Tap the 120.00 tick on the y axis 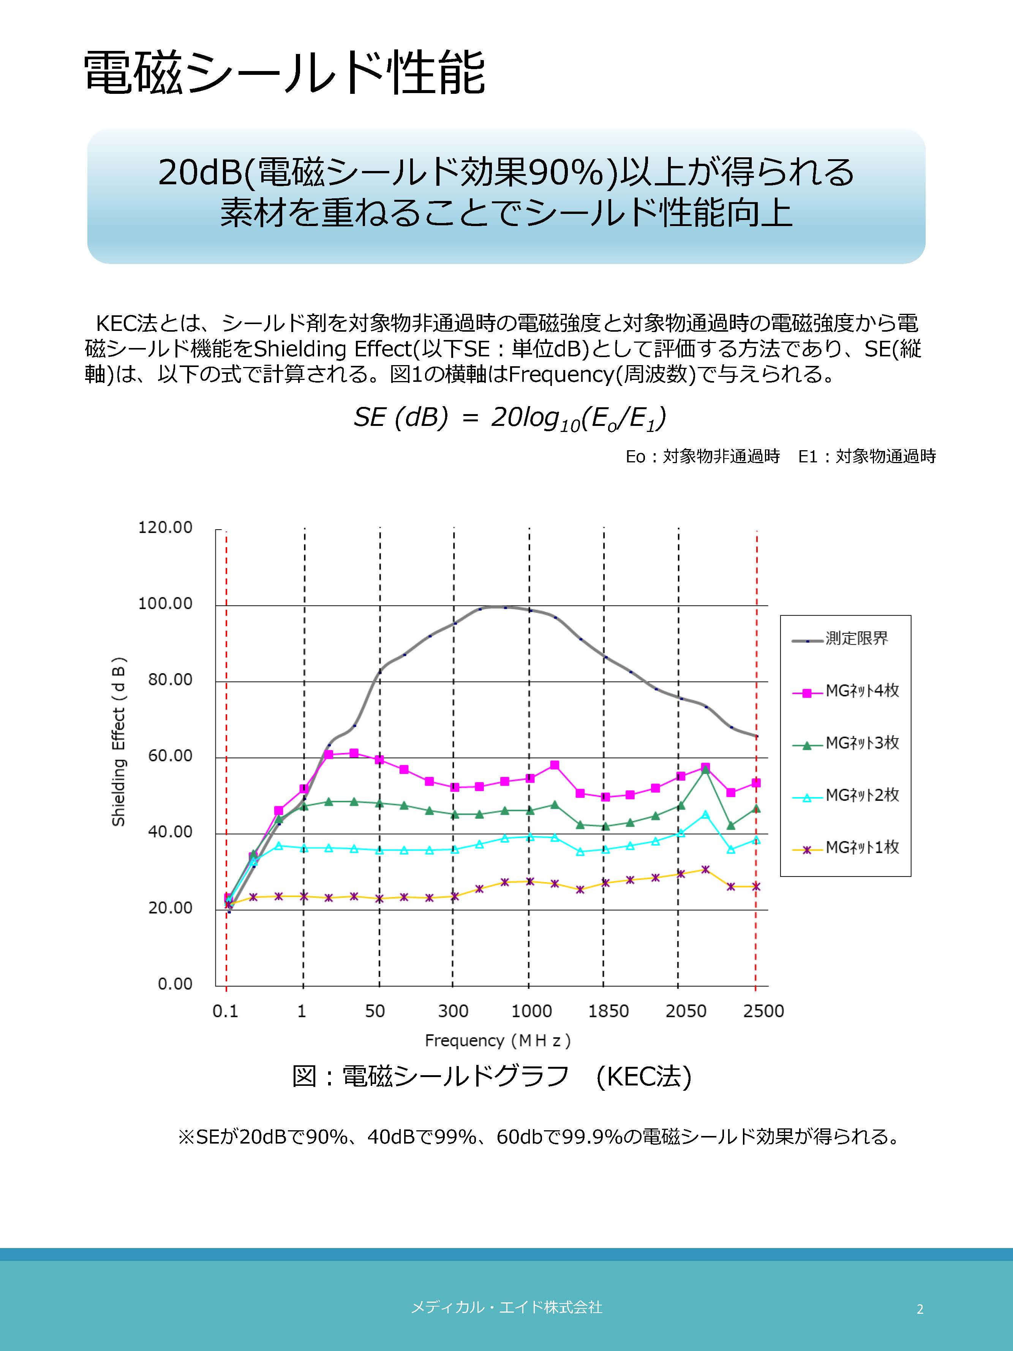[x=165, y=527]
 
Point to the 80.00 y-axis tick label [x=170, y=680]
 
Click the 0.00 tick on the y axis [x=175, y=984]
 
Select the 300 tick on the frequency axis [x=453, y=1011]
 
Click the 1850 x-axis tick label [x=608, y=1011]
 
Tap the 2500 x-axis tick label [x=763, y=1011]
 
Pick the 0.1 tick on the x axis [x=225, y=1011]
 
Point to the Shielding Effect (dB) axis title [x=119, y=742]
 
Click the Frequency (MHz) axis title [x=498, y=1041]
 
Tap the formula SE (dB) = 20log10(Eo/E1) [x=510, y=418]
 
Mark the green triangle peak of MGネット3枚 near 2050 [x=705, y=770]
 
